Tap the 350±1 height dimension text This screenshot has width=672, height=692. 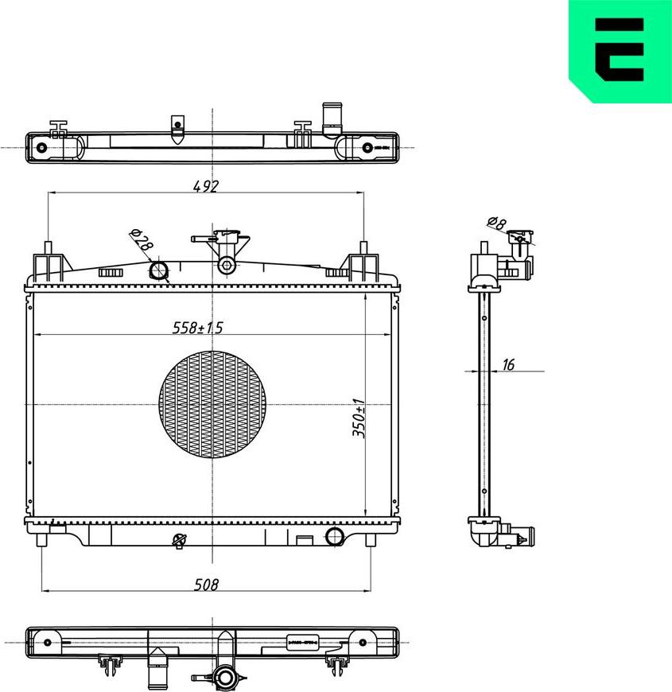click(359, 418)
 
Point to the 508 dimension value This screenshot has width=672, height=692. click(205, 584)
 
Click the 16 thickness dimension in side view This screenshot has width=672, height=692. click(509, 364)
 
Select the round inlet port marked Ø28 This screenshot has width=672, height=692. click(160, 270)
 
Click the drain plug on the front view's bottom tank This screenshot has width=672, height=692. click(179, 541)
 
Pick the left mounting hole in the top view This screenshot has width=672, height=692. click(42, 148)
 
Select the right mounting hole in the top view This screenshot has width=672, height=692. click(367, 148)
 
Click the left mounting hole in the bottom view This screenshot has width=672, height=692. click(48, 642)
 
